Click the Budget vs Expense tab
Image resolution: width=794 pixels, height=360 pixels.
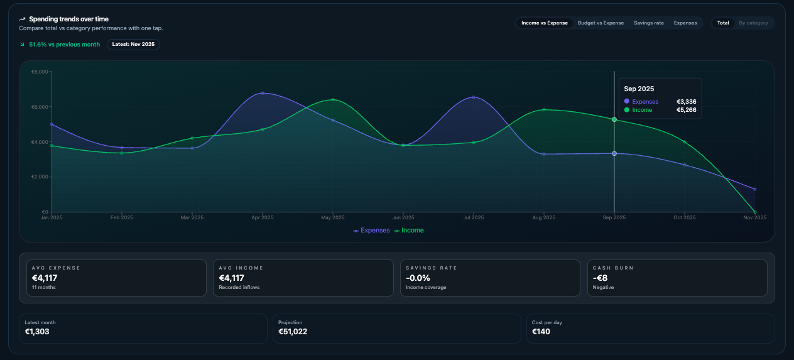pyautogui.click(x=601, y=23)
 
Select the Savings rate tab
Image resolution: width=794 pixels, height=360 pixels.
pyautogui.click(x=648, y=23)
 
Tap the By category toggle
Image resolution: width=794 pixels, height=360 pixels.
pyautogui.click(x=753, y=23)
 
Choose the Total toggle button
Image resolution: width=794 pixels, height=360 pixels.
pyautogui.click(x=723, y=23)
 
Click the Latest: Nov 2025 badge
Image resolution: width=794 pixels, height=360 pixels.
pyautogui.click(x=133, y=45)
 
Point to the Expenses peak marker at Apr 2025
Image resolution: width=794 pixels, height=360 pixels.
pyautogui.click(x=263, y=93)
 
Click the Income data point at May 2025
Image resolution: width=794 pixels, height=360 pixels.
pyautogui.click(x=333, y=100)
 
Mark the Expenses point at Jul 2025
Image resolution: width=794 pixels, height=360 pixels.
pyautogui.click(x=474, y=97)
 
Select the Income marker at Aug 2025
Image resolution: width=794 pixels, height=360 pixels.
pyautogui.click(x=544, y=110)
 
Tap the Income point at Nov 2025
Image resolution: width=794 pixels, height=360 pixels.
pyautogui.click(x=754, y=212)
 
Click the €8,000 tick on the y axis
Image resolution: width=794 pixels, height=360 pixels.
pyautogui.click(x=39, y=72)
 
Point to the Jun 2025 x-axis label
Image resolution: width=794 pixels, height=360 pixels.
pyautogui.click(x=403, y=218)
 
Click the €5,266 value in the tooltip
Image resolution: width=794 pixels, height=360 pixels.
pyautogui.click(x=686, y=110)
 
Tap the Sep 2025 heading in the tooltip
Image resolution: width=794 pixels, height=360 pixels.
pyautogui.click(x=639, y=89)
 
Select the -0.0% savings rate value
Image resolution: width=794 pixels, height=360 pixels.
pyautogui.click(x=418, y=278)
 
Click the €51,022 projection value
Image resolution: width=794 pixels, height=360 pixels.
pyautogui.click(x=293, y=332)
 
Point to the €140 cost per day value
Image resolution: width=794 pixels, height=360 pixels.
pyautogui.click(x=541, y=332)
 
